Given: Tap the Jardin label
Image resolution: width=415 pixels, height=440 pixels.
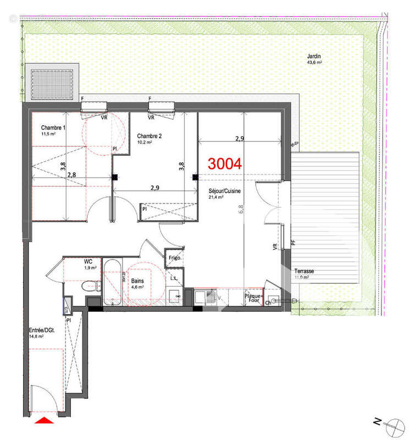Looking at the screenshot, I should point(314,56).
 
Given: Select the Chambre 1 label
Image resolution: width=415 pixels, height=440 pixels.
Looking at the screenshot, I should point(53,128).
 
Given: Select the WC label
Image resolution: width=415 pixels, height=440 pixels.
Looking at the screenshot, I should point(88,262).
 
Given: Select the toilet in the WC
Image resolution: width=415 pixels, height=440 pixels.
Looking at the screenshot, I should point(91,285).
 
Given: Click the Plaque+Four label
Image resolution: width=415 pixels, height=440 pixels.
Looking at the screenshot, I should point(253,298).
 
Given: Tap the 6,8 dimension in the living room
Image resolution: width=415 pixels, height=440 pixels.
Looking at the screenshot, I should point(241,209).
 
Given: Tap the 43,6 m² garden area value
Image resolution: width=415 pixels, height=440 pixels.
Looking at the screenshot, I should point(314,63).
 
